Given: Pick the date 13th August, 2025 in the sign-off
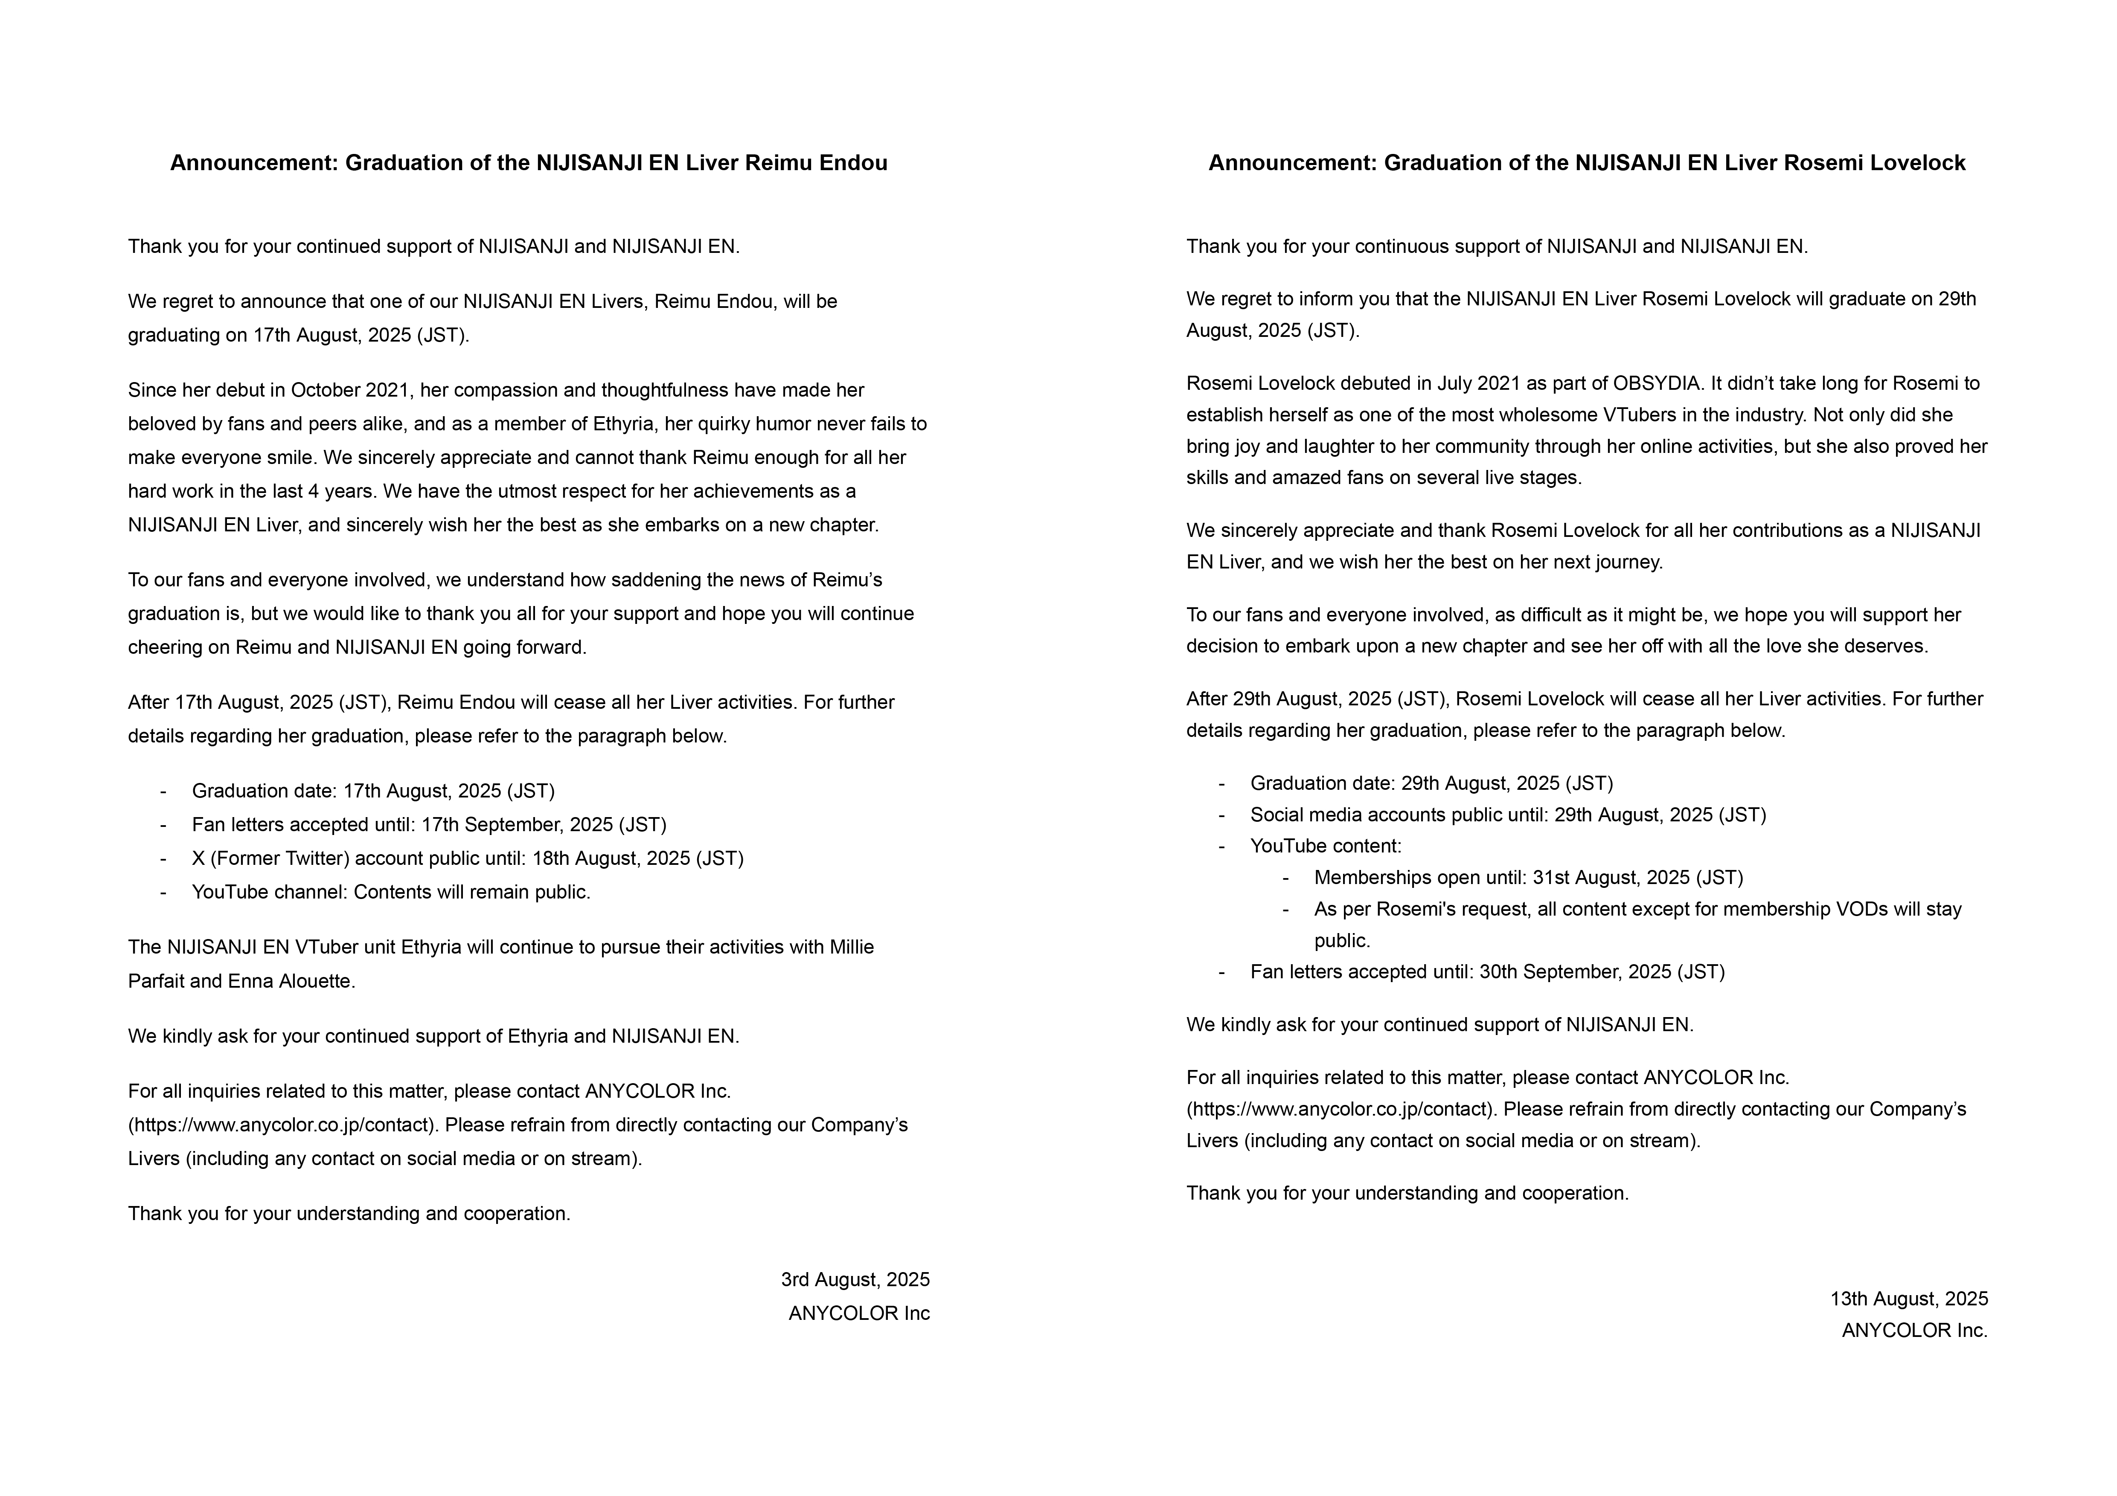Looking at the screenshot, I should click(1909, 1299).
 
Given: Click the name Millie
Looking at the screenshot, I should click(851, 948).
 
